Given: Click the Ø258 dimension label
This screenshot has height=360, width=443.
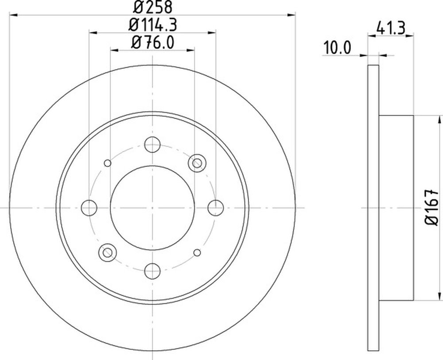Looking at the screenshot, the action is pos(152,7).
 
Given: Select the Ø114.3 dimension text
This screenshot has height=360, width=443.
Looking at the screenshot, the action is pos(152,25).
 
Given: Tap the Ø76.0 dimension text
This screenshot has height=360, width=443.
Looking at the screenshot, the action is pos(152,43).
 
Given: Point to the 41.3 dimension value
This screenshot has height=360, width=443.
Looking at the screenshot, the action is pos(391,28).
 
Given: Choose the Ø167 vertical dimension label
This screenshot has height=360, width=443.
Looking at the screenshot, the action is pos(431,208).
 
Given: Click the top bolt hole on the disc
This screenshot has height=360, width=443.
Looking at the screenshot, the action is pos(152,144).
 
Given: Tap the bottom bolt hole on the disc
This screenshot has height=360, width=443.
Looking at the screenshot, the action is pos(152,271).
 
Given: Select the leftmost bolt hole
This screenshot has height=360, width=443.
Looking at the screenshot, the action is pos(89,208).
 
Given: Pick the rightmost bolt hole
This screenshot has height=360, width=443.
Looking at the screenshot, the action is pos(216,208).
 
